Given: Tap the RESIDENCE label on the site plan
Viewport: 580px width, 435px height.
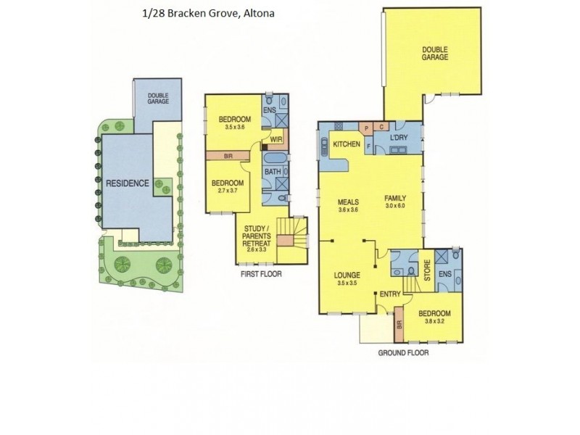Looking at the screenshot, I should tap(128, 183).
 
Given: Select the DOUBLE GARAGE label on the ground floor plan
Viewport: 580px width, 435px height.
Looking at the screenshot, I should tap(436, 53).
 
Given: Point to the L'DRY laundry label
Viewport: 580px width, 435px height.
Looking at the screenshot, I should tap(401, 138).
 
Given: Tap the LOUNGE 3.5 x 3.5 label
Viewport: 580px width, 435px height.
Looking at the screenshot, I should tap(347, 280).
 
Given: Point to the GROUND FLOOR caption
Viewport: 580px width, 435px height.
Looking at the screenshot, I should tap(404, 355).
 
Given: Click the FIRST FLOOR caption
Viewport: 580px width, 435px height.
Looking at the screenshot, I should tap(261, 274).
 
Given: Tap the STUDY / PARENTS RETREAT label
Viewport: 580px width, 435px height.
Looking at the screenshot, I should tap(260, 240).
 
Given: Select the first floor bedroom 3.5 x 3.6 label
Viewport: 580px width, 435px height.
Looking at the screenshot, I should tap(236, 123).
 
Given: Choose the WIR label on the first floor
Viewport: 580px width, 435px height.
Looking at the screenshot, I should tap(276, 138).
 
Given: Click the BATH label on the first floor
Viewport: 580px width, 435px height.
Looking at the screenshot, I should tap(272, 172).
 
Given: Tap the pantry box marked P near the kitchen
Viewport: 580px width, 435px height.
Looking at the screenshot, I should tap(367, 127).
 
